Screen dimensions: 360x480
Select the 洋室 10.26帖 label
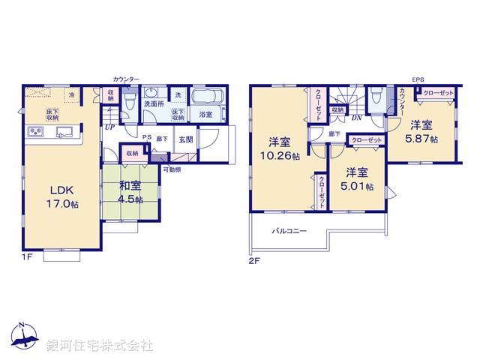[x=278, y=149]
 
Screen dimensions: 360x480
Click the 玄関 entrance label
[x=185, y=139]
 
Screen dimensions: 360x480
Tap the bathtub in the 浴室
[x=205, y=98]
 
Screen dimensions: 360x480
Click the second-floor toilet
[x=376, y=96]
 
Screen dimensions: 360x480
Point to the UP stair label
[x=110, y=127]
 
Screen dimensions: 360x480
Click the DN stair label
[x=357, y=118]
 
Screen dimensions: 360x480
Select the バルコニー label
[x=289, y=231]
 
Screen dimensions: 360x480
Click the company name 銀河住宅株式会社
[x=99, y=346]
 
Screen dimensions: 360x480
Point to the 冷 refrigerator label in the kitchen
[x=72, y=95]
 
